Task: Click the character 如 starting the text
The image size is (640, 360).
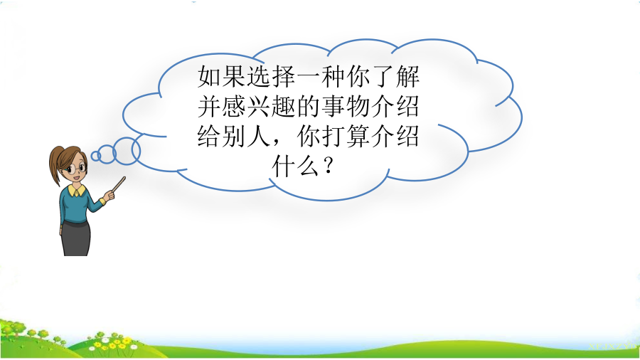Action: [209, 76]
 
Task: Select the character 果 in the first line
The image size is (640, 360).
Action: [234, 76]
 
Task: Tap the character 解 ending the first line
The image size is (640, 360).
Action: [407, 76]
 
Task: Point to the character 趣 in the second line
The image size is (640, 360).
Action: [283, 106]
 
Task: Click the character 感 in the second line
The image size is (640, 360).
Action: [234, 106]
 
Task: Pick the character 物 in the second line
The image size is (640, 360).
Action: [358, 106]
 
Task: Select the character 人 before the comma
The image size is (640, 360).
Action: [259, 136]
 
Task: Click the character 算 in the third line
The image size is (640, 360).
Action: [358, 136]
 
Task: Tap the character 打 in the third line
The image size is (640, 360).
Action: [333, 136]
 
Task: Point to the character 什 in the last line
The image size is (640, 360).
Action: [283, 166]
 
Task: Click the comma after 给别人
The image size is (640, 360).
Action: [278, 143]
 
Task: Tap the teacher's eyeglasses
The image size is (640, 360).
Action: [77, 168]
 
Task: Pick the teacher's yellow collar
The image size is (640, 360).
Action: [77, 190]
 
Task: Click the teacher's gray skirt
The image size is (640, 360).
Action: [76, 238]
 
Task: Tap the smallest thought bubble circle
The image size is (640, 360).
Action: [95, 156]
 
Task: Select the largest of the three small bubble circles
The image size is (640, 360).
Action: [127, 151]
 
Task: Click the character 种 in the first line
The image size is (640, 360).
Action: [333, 76]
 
